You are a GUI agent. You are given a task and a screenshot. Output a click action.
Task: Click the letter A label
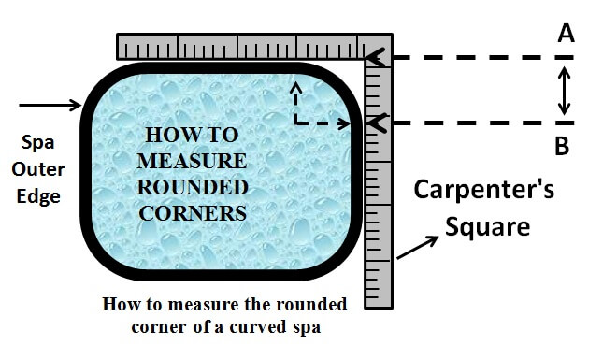[566, 34]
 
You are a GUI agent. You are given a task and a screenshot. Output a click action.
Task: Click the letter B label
[563, 146]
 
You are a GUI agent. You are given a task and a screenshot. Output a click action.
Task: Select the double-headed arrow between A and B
[563, 91]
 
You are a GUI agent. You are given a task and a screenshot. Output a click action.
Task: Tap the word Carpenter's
[484, 192]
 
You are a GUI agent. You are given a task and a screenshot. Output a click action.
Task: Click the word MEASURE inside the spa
[192, 159]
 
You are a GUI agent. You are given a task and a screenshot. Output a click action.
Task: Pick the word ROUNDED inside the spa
[192, 185]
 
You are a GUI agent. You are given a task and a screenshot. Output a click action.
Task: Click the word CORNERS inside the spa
[192, 212]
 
